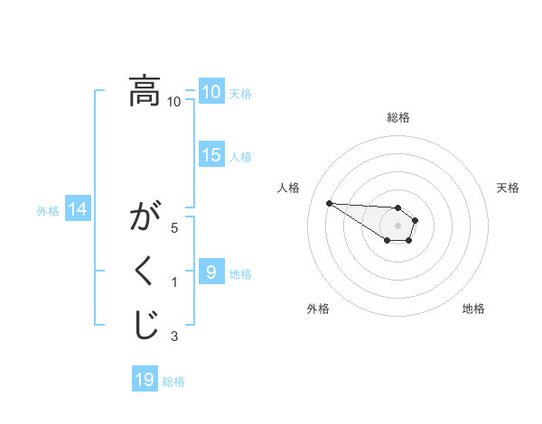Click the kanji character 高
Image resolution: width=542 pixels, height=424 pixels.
pyautogui.click(x=145, y=92)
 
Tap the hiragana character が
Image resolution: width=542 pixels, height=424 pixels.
pyautogui.click(x=145, y=218)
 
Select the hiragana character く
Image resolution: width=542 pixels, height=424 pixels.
pyautogui.click(x=145, y=272)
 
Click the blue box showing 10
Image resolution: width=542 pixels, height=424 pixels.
pyautogui.click(x=210, y=92)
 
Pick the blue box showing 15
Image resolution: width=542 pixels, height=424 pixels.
pyautogui.click(x=210, y=155)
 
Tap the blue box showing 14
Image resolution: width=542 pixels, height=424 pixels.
pyautogui.click(x=77, y=210)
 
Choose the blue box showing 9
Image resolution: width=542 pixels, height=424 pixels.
pyautogui.click(x=210, y=272)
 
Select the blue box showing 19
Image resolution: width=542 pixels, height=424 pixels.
pyautogui.click(x=144, y=380)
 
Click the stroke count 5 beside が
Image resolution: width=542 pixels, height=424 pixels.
pyautogui.click(x=174, y=228)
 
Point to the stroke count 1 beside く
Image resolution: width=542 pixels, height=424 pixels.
pyautogui.click(x=174, y=282)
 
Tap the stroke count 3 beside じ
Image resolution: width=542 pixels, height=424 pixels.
pyautogui.click(x=174, y=336)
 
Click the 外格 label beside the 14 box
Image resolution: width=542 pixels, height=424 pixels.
pyautogui.click(x=48, y=211)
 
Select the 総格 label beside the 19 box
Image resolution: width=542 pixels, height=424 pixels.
pyautogui.click(x=173, y=382)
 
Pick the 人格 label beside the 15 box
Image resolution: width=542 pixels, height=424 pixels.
pyautogui.click(x=240, y=157)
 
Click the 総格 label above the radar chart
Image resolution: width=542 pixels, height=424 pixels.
pyautogui.click(x=398, y=117)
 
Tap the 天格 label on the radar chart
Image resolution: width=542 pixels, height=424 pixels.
pyautogui.click(x=508, y=188)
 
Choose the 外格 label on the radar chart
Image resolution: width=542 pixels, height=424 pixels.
pyautogui.click(x=318, y=309)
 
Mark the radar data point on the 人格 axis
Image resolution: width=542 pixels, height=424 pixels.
pyautogui.click(x=329, y=203)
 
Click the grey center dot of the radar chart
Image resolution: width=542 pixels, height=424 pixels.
pyautogui.click(x=398, y=225)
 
